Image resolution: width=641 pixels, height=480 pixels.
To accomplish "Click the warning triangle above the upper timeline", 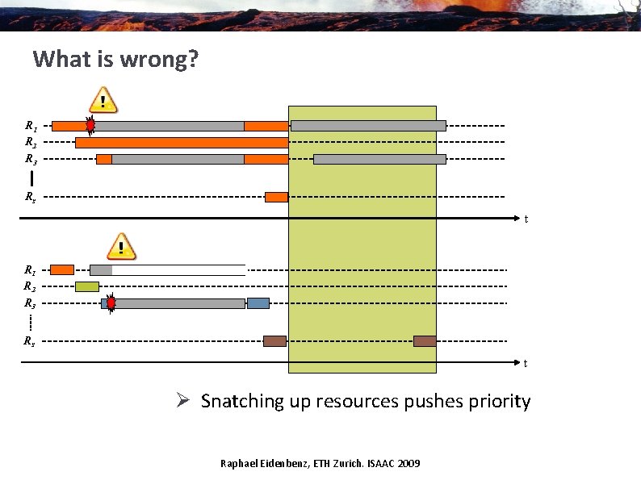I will pyautogui.click(x=103, y=100).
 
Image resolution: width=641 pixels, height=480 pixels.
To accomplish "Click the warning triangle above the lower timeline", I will pyautogui.click(x=121, y=246).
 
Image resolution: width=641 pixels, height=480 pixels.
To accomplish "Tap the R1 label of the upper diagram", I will pyautogui.click(x=30, y=126).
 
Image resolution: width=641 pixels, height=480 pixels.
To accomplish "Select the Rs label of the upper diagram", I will pyautogui.click(x=30, y=197).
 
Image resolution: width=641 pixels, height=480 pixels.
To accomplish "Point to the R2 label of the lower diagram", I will pyautogui.click(x=30, y=286).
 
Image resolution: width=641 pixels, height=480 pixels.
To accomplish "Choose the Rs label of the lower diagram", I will pyautogui.click(x=30, y=341).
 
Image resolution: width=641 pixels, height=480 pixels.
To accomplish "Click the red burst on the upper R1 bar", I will pyautogui.click(x=90, y=125).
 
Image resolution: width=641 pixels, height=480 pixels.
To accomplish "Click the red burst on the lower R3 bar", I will pyautogui.click(x=111, y=303).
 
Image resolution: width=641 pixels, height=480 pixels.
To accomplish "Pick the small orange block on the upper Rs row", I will pyautogui.click(x=276, y=197).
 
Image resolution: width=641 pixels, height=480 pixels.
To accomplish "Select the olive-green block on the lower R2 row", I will pyautogui.click(x=87, y=286).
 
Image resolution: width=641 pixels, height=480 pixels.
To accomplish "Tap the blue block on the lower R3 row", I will pyautogui.click(x=258, y=303).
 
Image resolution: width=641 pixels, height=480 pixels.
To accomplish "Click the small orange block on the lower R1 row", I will pyautogui.click(x=62, y=269).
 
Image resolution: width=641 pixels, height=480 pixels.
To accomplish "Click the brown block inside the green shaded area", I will pyautogui.click(x=425, y=341).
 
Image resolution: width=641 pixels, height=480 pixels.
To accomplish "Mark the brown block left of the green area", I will pyautogui.click(x=274, y=341).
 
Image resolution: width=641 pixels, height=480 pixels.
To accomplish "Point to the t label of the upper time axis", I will pyautogui.click(x=526, y=219).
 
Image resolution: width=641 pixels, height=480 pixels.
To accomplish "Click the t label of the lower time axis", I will pyautogui.click(x=526, y=364).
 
